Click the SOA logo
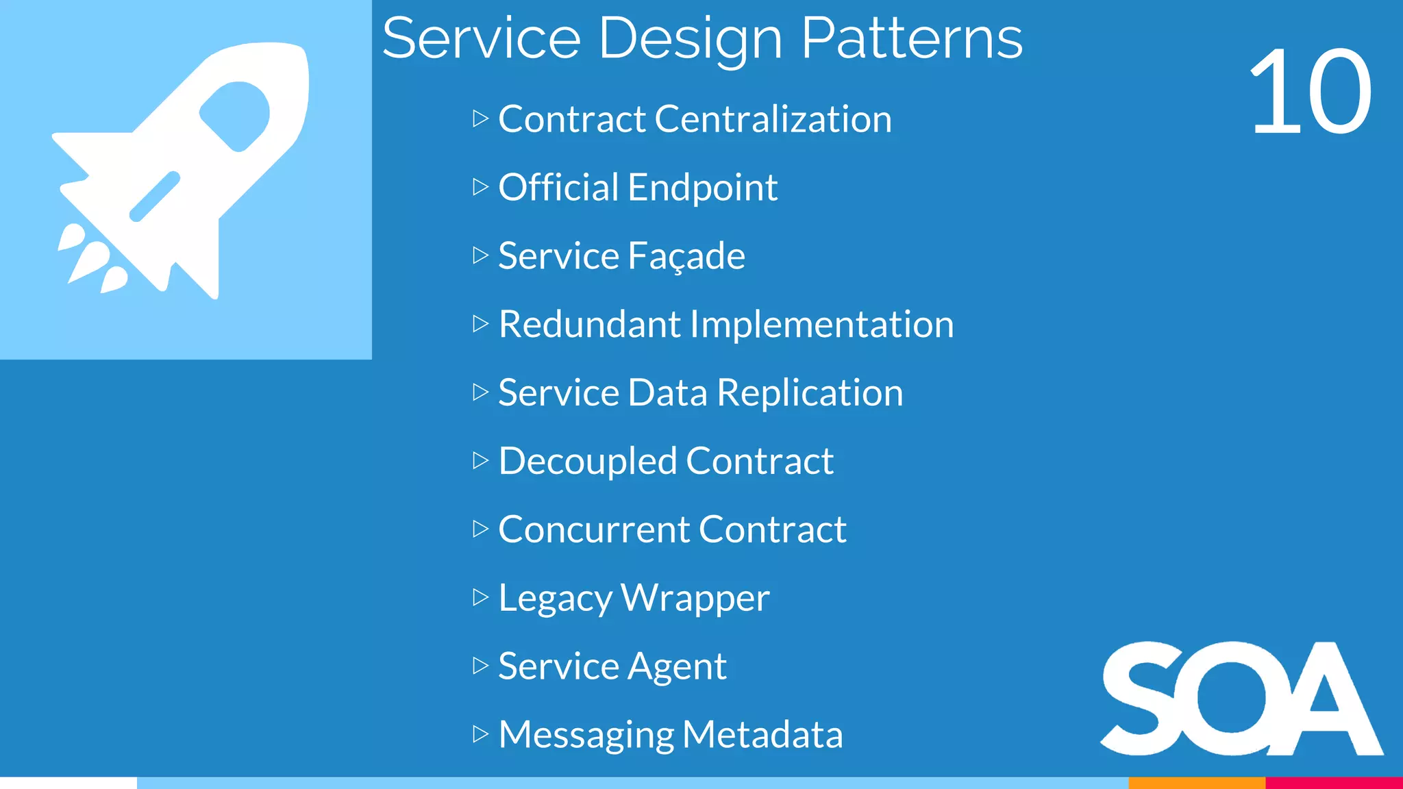click(1241, 699)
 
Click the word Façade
click(686, 256)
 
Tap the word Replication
click(810, 392)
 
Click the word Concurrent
click(594, 529)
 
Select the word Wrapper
click(695, 598)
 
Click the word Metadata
click(762, 734)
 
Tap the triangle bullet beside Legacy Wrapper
click(480, 597)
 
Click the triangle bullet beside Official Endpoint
click(480, 186)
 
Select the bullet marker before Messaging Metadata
click(480, 734)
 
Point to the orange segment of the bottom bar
click(1196, 783)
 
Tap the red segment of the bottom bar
click(1334, 783)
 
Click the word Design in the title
click(690, 40)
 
